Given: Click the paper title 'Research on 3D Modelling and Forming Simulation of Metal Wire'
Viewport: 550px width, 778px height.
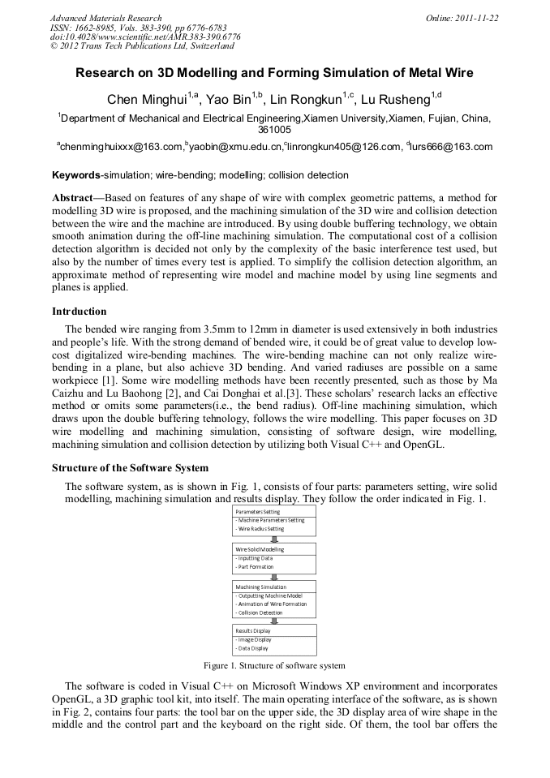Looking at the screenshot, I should pos(274,73).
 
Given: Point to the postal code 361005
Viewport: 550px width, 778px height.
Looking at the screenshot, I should pos(274,129).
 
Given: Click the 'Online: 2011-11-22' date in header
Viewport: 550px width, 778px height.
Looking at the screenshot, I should pos(462,18).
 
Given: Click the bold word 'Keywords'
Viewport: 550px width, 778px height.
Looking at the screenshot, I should pos(75,175).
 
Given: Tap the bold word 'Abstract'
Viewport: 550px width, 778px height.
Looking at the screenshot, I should pos(75,198).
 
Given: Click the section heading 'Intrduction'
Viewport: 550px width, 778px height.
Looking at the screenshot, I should pos(79,312).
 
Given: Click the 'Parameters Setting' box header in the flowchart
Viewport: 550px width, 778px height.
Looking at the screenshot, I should pos(258,512).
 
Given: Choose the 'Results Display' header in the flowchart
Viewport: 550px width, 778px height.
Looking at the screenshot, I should pos(254,630).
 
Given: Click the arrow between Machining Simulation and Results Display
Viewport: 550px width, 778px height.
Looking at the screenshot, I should pos(274,621).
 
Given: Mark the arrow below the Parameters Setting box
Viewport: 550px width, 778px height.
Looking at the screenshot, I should pos(274,539).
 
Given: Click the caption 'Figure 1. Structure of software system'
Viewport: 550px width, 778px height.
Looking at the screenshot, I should pos(274,665).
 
